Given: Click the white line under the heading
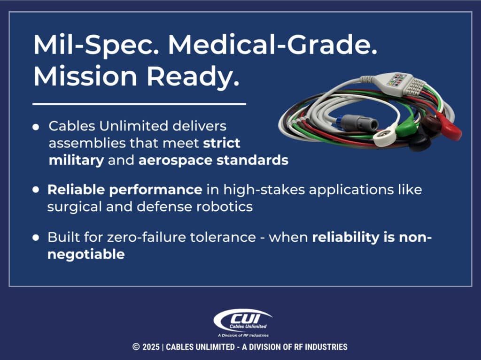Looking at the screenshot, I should click(139, 104).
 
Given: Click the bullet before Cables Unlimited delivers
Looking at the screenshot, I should click(36, 128).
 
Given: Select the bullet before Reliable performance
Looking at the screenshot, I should click(36, 190).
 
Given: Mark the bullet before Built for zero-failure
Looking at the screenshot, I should click(36, 238).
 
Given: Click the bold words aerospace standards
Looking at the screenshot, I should click(213, 160).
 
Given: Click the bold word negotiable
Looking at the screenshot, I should click(86, 254).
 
